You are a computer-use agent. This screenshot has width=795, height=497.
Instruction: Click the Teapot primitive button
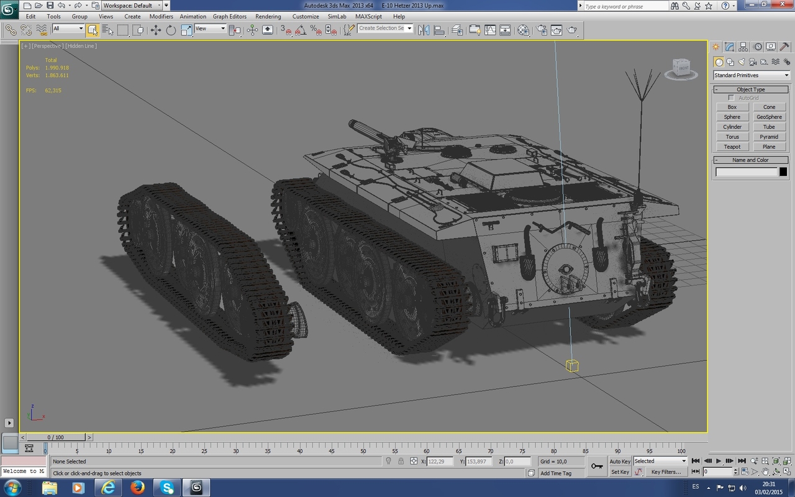pyautogui.click(x=732, y=147)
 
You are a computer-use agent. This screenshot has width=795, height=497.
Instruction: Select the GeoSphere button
pyautogui.click(x=769, y=117)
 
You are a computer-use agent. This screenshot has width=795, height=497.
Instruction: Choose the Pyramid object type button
pyautogui.click(x=769, y=137)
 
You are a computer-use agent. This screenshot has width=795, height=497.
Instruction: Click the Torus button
pyautogui.click(x=732, y=137)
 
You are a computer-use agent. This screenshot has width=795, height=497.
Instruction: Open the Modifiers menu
pyautogui.click(x=161, y=17)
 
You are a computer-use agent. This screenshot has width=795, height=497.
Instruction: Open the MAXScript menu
pyautogui.click(x=368, y=17)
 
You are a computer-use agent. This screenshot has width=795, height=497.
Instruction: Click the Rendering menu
pyautogui.click(x=268, y=17)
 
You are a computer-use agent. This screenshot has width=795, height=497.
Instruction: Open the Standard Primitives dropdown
pyautogui.click(x=751, y=75)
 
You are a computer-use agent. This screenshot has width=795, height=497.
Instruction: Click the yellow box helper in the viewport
pyautogui.click(x=572, y=366)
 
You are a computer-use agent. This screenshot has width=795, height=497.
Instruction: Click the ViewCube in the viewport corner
pyautogui.click(x=681, y=68)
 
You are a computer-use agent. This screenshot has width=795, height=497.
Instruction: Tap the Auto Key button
pyautogui.click(x=620, y=462)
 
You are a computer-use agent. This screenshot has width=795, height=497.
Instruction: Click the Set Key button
pyautogui.click(x=620, y=472)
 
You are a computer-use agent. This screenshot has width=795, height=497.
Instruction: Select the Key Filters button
pyautogui.click(x=665, y=472)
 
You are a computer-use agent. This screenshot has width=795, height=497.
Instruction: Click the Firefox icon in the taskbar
pyautogui.click(x=137, y=487)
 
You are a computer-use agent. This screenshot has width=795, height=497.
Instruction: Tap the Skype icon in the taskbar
pyautogui.click(x=167, y=487)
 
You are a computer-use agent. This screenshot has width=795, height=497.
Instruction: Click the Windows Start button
pyautogui.click(x=12, y=487)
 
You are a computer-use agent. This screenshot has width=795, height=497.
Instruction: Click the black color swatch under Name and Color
pyautogui.click(x=783, y=172)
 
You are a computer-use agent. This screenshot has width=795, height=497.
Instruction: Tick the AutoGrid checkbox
pyautogui.click(x=731, y=98)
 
